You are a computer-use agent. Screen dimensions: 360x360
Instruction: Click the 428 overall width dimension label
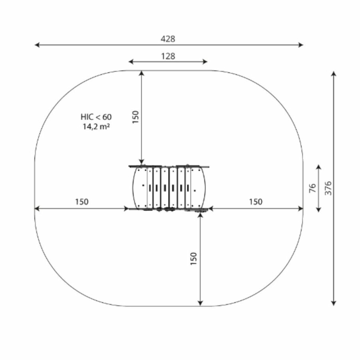[168, 39]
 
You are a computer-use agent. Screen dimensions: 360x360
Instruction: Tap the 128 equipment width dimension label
[168, 56]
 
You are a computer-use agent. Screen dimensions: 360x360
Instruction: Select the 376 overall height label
[328, 188]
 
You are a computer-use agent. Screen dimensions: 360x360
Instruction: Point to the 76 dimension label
[313, 188]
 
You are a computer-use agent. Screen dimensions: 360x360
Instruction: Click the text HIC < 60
[96, 117]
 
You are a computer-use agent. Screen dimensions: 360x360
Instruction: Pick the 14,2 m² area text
[96, 126]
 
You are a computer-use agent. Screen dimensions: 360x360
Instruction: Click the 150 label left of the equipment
[82, 202]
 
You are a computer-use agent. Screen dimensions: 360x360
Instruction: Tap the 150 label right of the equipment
[256, 202]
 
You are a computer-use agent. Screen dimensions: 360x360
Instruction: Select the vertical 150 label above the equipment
[136, 117]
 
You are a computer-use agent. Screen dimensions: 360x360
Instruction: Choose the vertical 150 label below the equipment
[194, 259]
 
